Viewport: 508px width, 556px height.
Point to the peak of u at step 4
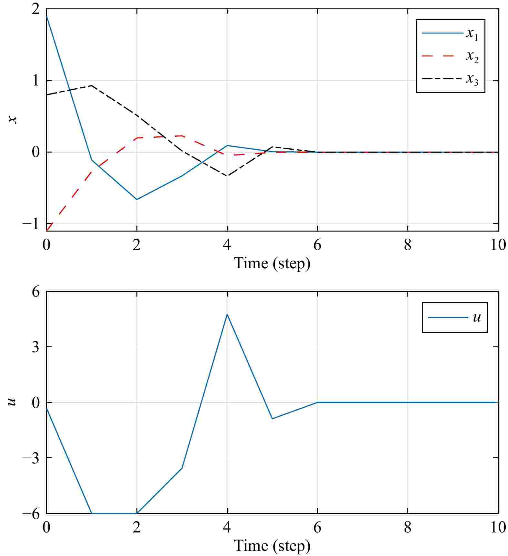click(227, 314)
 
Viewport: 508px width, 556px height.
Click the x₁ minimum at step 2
click(137, 199)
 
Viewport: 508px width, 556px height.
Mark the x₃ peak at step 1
click(92, 85)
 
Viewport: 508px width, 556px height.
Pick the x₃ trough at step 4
click(227, 176)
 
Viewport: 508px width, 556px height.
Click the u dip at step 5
click(272, 419)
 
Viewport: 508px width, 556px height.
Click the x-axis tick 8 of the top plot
click(408, 245)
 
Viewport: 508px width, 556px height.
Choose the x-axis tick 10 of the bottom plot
click(498, 528)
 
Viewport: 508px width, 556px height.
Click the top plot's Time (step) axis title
click(272, 263)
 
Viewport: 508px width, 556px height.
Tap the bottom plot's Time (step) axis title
click(272, 546)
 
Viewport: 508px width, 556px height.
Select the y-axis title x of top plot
click(12, 120)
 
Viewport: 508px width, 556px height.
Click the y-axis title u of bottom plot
click(12, 402)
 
